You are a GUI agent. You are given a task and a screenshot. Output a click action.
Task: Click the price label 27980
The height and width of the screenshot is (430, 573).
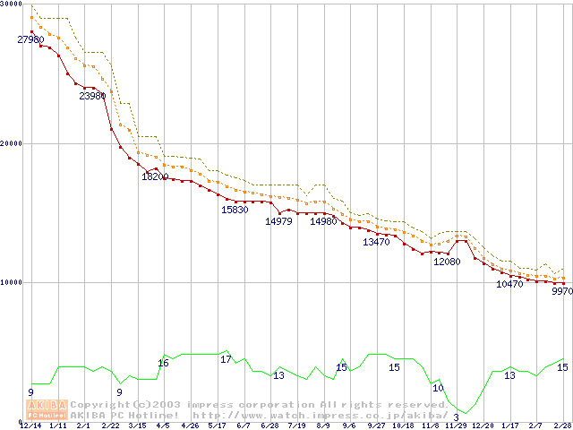tap(30, 39)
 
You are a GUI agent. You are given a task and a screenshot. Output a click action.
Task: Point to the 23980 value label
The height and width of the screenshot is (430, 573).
tap(93, 96)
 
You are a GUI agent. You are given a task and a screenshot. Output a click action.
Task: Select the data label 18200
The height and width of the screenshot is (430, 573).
tap(155, 176)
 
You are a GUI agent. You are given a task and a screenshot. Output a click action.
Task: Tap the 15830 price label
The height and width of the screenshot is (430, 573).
tap(235, 210)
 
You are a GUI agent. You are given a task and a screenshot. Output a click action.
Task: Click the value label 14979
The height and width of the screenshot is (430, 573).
tap(278, 221)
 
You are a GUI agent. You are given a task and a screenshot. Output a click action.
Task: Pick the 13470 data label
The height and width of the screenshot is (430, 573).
tap(376, 242)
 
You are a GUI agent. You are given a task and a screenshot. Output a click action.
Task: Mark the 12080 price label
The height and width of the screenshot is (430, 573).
tap(447, 262)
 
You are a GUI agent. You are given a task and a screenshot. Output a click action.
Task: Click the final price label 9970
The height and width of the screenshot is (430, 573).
tap(561, 291)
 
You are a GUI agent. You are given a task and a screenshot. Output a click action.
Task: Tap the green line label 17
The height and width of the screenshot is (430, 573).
tap(226, 359)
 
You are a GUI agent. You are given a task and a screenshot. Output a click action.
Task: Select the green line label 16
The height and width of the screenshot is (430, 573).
tap(163, 363)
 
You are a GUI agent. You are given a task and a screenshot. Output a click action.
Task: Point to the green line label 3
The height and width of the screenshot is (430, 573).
tap(456, 417)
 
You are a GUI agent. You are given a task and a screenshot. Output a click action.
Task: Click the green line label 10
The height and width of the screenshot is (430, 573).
tap(439, 388)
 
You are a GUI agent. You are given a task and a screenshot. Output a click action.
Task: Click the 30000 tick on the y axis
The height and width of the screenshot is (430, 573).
tap(12, 4)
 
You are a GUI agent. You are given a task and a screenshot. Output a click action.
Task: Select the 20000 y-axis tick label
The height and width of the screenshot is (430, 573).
tap(12, 143)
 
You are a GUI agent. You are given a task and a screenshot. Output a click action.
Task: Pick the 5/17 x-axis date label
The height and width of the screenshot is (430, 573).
tap(217, 426)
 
